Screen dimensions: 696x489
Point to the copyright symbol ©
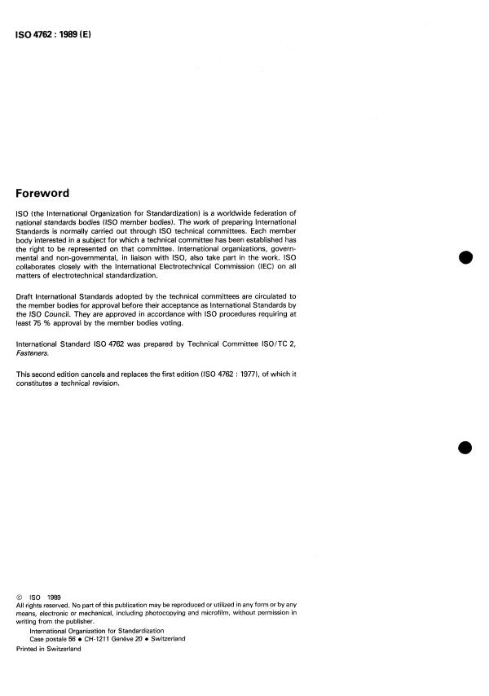20,596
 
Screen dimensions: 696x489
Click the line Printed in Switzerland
49,648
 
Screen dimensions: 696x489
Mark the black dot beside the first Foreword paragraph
465,258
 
